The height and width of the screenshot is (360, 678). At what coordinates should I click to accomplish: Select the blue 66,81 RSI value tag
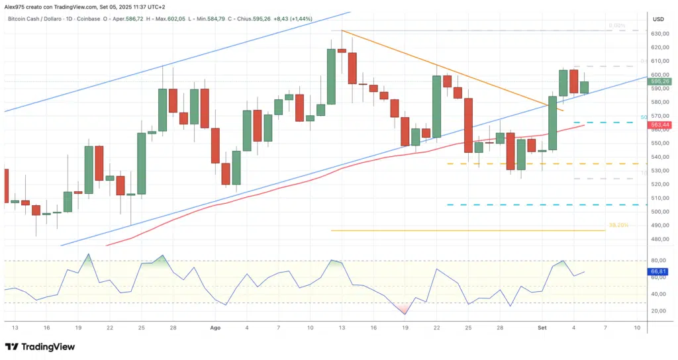[657, 271]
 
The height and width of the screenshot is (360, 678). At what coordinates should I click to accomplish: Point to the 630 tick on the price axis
[657, 34]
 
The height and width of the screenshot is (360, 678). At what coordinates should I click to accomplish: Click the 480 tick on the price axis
[657, 240]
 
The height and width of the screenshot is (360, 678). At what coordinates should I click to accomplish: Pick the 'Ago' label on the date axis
[215, 328]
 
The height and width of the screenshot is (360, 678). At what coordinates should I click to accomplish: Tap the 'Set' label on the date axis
[542, 328]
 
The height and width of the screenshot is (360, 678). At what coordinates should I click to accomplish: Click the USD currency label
[658, 19]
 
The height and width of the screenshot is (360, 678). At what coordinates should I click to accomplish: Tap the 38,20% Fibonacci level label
[618, 226]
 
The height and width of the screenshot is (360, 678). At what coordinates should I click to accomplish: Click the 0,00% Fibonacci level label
[617, 26]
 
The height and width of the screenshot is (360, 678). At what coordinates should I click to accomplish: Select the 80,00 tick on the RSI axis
[657, 261]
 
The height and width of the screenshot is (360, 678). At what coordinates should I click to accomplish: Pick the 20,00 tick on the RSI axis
[657, 310]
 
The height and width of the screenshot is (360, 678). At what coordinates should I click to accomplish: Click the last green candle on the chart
[585, 87]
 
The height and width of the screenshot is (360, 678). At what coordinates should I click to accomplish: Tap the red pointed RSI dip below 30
[404, 312]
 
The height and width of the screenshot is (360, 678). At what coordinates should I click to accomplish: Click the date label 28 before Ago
[172, 328]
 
